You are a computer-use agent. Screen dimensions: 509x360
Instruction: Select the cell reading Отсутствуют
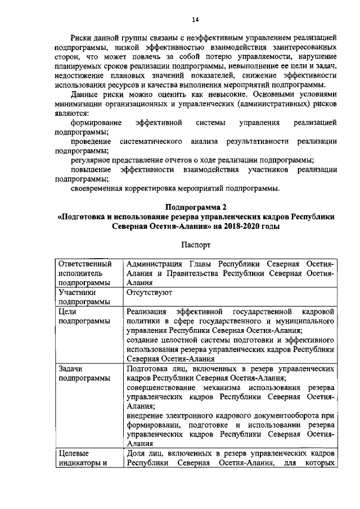click(x=149, y=292)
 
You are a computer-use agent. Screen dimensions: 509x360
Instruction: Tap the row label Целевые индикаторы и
click(x=83, y=458)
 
